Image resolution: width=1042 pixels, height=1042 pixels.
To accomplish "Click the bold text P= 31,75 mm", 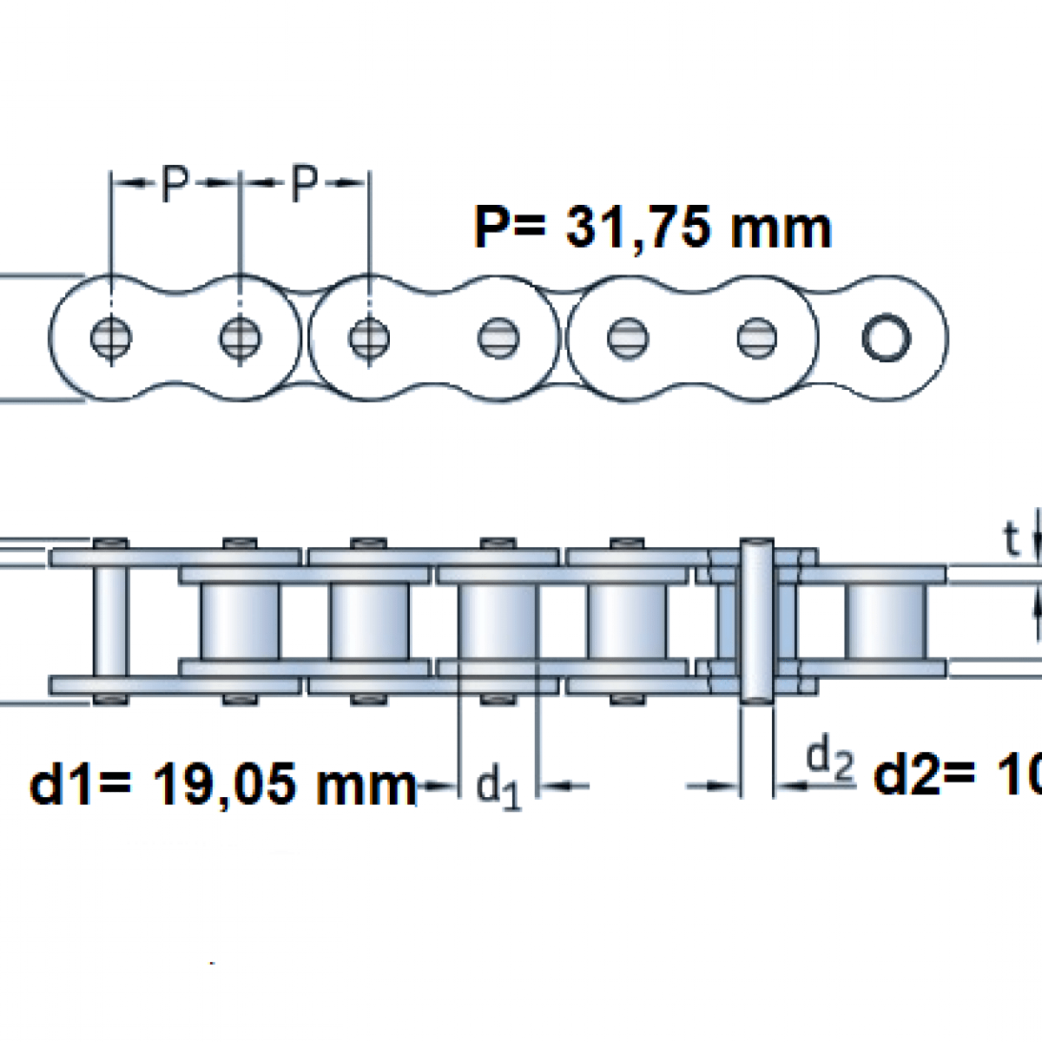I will pos(652,228).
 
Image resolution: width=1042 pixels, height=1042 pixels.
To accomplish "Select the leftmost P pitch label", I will pos(175,184).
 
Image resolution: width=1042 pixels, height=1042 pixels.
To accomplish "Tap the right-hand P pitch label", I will pos(301,184).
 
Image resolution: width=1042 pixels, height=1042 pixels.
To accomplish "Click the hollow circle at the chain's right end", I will pos(885,337).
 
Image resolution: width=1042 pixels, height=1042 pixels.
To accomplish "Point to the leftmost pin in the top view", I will pos(111,337).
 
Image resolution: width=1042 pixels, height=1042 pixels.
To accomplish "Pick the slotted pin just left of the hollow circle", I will pos(757,337).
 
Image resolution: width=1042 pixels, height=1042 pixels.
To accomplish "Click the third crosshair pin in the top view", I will pos(368,337).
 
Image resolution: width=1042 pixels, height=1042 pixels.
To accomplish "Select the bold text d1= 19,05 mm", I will pos(224,786).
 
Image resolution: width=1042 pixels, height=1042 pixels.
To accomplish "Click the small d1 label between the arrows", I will pos(499,788).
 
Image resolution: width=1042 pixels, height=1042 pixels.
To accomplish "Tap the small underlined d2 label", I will pos(830,760).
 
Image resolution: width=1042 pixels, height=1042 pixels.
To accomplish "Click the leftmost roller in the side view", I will pos(241,622).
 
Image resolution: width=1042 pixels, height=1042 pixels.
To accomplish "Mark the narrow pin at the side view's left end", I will pos(111,622).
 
